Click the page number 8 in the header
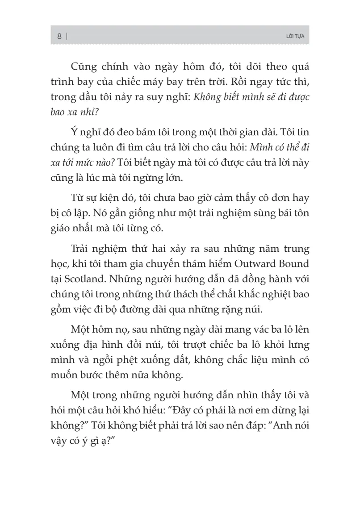click(59, 37)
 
